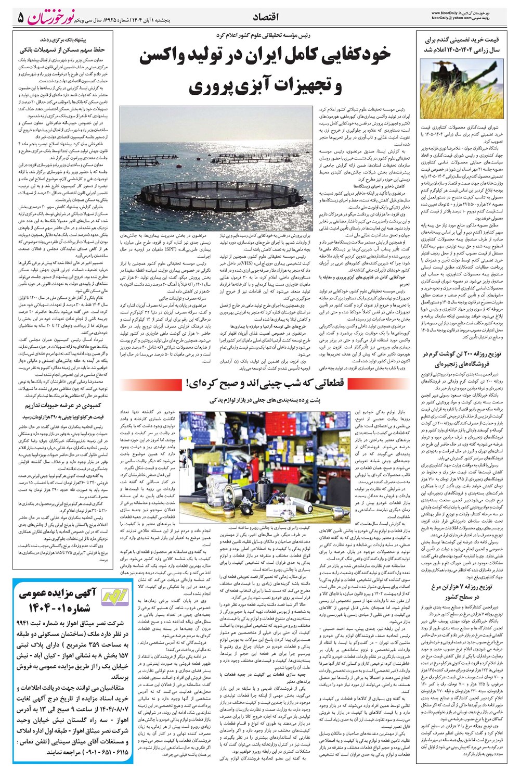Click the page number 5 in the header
(x=21, y=17)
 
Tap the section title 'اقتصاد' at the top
(x=265, y=18)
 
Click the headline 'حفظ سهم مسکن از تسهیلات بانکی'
(x=62, y=50)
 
